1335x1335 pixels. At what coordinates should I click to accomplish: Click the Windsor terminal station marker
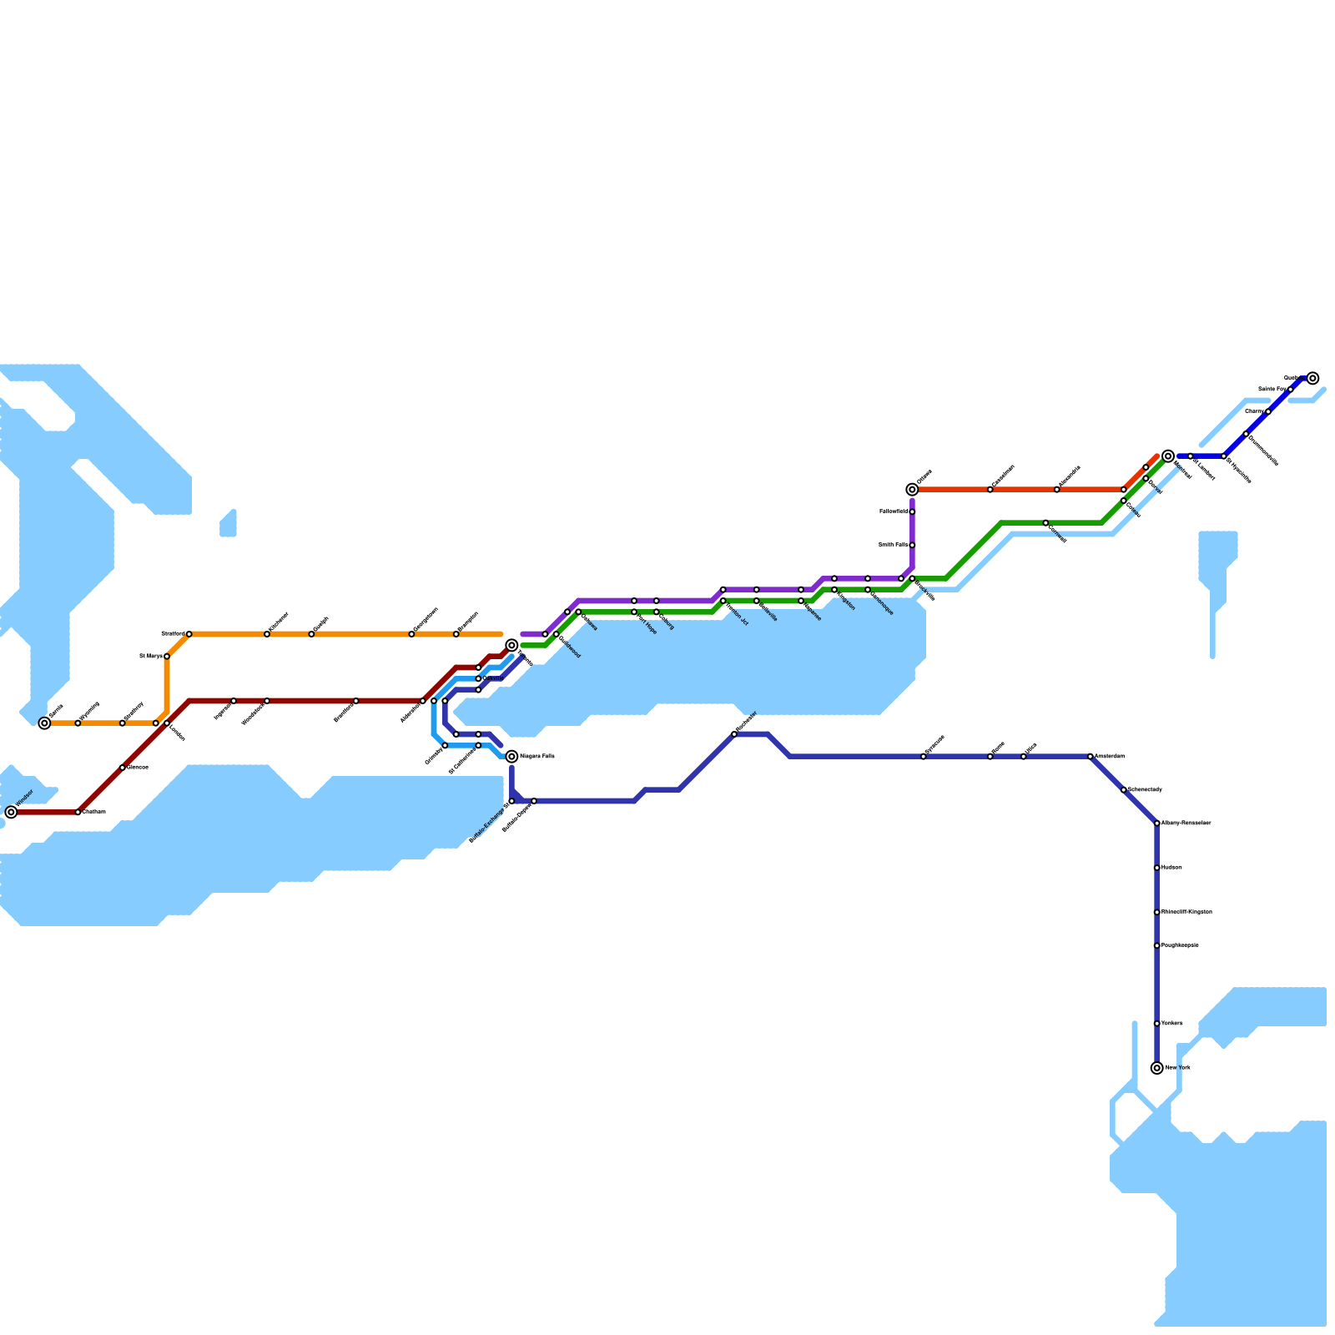point(11,812)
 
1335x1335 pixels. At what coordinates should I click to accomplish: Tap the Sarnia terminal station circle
point(44,723)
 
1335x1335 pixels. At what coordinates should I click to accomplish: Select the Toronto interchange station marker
point(511,645)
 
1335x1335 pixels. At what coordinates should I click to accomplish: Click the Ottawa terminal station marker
point(912,490)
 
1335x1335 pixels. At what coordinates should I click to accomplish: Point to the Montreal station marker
point(1168,456)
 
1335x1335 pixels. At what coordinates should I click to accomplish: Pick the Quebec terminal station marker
point(1312,378)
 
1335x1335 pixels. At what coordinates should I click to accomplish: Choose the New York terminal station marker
point(1156,1068)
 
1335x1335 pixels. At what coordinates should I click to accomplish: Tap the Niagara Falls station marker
point(511,757)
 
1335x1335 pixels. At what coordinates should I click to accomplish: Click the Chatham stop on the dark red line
point(78,812)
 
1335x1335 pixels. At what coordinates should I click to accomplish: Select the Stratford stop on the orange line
point(189,634)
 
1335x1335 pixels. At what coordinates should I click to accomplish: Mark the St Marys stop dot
point(167,657)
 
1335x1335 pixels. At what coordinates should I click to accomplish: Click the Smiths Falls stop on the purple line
point(912,545)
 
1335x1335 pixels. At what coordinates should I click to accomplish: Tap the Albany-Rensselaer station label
point(1186,824)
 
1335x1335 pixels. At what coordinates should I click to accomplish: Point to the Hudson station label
point(1171,868)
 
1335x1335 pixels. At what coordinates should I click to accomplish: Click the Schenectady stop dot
point(1124,790)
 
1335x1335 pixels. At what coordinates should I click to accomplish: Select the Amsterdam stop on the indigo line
point(1091,757)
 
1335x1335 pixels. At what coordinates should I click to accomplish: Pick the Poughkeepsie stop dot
point(1156,945)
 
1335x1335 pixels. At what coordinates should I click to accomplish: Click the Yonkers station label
point(1171,1024)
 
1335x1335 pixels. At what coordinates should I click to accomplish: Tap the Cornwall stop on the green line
point(1045,523)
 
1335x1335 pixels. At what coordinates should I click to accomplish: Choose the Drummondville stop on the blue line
point(1246,434)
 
